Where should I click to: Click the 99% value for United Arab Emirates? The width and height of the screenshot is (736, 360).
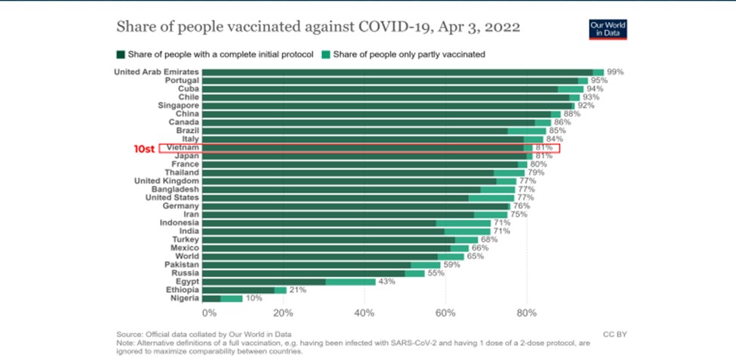click(615, 72)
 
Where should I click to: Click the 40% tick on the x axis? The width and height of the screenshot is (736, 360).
click(364, 312)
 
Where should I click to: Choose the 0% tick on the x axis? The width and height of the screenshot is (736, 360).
click(209, 312)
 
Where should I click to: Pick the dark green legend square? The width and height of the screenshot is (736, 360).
click(120, 54)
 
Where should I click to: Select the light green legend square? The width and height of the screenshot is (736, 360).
click(326, 54)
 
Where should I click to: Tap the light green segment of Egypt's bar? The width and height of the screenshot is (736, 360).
click(350, 281)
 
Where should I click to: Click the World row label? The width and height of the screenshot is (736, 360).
click(187, 257)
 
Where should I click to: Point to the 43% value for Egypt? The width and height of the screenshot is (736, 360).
click(387, 281)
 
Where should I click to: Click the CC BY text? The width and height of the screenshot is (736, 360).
click(615, 332)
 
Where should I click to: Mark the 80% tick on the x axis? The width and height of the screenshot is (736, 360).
click(526, 312)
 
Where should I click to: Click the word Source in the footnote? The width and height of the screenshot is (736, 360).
click(129, 333)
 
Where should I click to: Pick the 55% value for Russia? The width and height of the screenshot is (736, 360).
click(437, 272)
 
